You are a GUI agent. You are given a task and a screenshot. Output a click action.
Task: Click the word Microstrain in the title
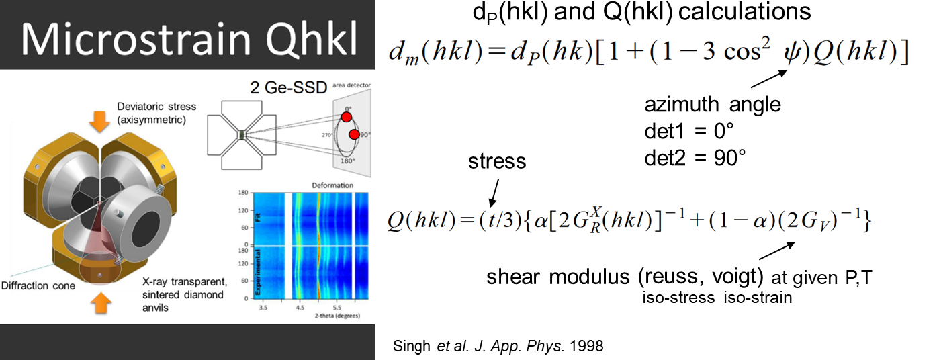coord(136,40)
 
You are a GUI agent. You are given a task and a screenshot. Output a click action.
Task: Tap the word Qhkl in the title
coord(312,40)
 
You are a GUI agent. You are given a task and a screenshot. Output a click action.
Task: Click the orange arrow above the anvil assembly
coord(100,122)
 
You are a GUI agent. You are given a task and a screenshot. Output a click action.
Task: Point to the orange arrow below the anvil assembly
coord(100,303)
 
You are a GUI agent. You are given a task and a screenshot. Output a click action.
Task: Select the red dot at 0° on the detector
coord(347,116)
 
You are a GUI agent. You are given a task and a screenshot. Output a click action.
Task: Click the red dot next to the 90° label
coord(354,134)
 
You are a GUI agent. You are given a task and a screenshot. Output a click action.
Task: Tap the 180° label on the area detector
coord(347,161)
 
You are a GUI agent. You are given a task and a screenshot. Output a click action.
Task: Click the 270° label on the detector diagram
coord(327,135)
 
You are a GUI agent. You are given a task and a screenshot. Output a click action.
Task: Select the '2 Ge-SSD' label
coord(288,87)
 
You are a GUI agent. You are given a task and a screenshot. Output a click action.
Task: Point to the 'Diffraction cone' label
coord(38,286)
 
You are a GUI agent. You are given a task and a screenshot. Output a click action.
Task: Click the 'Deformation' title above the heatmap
coord(332,185)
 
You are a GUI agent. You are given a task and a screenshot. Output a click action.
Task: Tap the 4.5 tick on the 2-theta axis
coord(300,308)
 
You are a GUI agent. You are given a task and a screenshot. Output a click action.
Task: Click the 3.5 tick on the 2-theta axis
coord(263,308)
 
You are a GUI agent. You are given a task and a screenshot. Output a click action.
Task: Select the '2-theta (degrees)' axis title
coord(337,316)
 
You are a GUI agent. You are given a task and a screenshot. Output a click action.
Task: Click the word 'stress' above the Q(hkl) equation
coord(497,161)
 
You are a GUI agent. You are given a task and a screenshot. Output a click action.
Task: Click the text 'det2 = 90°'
coord(695,158)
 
